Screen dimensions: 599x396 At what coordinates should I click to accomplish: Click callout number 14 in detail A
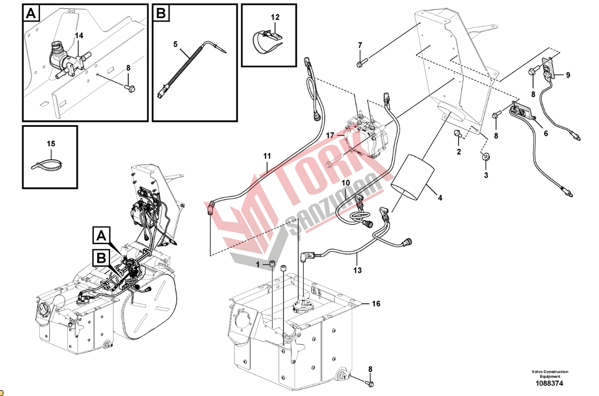coord(79,35)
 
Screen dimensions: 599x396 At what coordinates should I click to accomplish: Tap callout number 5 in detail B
coord(175,44)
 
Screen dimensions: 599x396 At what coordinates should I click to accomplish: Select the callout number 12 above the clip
coord(275,17)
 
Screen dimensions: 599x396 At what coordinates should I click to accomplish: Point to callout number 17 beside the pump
coord(330,135)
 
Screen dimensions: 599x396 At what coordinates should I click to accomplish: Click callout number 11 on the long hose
coord(267,156)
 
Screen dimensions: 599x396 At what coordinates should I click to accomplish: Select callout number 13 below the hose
coord(357,270)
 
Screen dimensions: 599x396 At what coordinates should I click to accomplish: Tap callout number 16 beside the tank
coord(376,304)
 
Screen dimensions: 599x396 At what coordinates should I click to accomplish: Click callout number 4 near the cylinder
coord(440,198)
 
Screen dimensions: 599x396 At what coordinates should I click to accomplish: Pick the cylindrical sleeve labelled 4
coord(412,177)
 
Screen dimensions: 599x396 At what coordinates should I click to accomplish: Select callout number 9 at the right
coord(568,75)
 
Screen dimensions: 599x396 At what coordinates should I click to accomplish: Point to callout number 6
coord(546,133)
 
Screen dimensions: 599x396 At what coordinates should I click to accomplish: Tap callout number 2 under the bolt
coord(459,152)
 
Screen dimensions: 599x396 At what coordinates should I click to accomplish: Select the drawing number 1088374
coord(549,383)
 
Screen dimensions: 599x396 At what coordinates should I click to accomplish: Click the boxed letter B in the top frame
coord(161,13)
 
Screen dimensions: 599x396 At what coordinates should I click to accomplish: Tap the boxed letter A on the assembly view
coord(101,235)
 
